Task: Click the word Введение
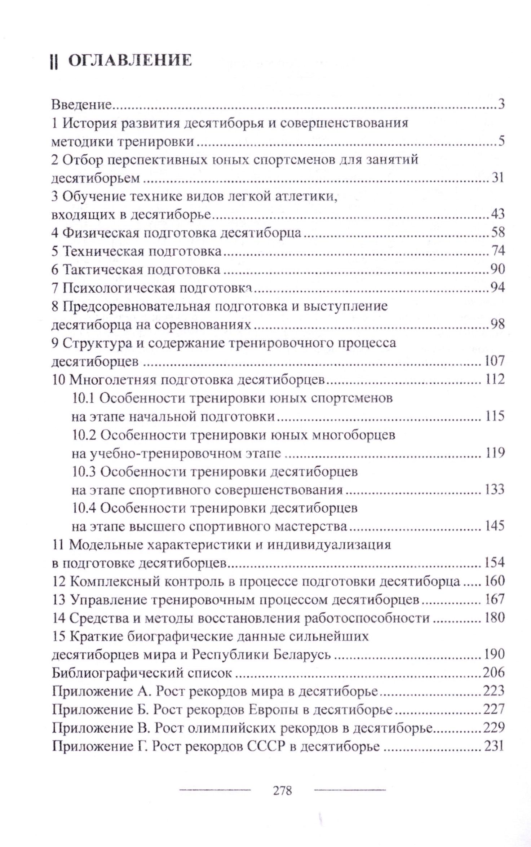click(82, 105)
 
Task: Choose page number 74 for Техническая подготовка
click(498, 251)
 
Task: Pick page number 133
click(495, 490)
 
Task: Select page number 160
click(495, 581)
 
